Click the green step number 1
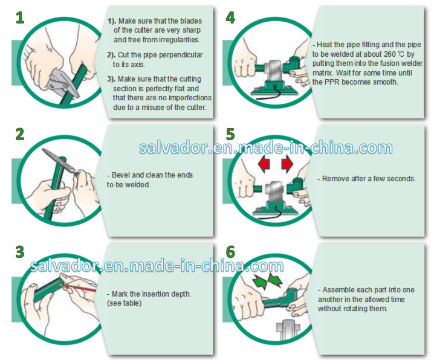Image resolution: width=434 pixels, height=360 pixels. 20,18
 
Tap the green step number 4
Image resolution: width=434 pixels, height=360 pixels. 230,18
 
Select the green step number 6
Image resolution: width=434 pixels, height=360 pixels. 230,252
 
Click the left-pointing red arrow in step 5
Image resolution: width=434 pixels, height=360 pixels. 264,164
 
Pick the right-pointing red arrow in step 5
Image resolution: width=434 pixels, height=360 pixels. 287,164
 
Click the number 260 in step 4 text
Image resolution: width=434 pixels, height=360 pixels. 390,54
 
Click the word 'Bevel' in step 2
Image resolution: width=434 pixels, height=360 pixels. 121,175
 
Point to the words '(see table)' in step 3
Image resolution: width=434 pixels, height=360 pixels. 125,303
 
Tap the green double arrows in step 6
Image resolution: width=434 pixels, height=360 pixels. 267,281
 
